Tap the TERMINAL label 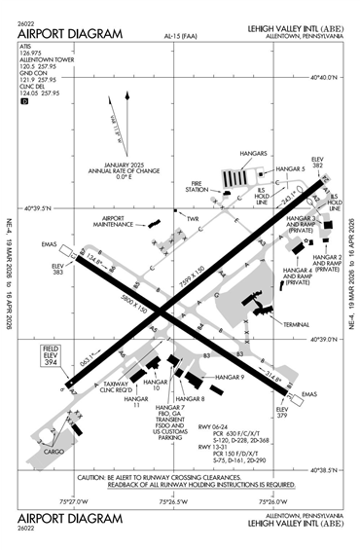tap(295, 323)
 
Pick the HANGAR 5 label tap(289, 168)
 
